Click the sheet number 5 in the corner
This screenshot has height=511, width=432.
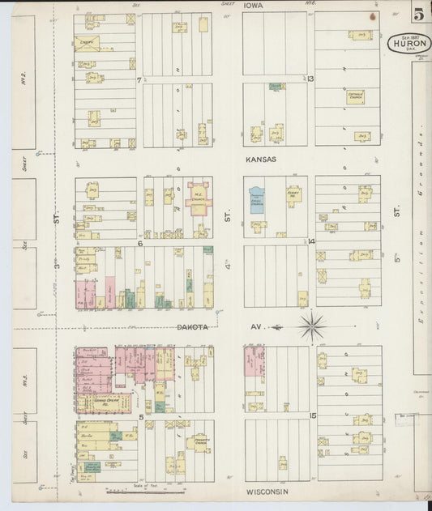417,15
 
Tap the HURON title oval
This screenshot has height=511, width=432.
408,43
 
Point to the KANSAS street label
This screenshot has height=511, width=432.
261,160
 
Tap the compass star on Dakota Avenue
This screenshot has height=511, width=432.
312,327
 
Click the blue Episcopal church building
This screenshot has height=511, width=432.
258,199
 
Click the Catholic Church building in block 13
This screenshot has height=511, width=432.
355,97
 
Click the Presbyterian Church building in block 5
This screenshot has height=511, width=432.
198,442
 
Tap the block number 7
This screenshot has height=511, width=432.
139,79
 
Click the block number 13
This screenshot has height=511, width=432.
310,79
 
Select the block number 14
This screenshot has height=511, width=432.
310,241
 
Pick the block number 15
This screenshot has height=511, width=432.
312,415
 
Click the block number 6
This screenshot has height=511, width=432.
139,242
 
